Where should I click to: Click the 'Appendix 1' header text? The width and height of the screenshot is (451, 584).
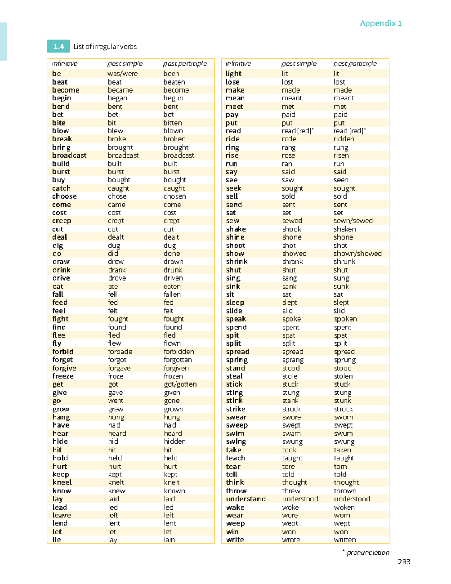coord(381,23)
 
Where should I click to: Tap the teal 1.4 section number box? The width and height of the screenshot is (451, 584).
coord(58,46)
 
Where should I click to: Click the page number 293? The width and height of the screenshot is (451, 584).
coord(404,562)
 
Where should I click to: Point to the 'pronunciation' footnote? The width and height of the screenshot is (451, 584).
coord(368,552)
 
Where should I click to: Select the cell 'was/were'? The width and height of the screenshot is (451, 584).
coord(123,74)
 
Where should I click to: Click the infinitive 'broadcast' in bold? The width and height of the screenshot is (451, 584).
coord(69,155)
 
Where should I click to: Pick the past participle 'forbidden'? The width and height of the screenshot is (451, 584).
coord(179,352)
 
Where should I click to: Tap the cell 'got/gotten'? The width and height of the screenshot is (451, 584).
coord(180,384)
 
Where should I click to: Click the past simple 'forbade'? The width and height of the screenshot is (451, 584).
coord(120,352)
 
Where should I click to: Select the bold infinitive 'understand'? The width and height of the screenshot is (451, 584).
coord(246,499)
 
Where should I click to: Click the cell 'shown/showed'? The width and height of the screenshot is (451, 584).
coord(357,253)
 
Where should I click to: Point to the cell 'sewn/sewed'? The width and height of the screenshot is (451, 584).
coord(353,221)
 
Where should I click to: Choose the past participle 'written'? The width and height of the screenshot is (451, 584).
coord(345,540)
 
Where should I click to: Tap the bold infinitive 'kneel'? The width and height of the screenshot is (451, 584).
coord(62,482)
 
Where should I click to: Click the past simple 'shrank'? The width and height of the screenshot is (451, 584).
coord(292,262)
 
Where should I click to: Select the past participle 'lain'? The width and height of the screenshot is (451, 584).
coord(169,540)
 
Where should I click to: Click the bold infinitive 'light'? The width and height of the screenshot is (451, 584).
coord(233,74)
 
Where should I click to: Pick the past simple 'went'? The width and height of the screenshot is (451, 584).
coord(115,401)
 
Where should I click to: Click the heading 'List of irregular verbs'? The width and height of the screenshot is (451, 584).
coord(105,47)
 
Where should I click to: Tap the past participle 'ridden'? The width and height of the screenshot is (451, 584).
coord(344,139)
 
